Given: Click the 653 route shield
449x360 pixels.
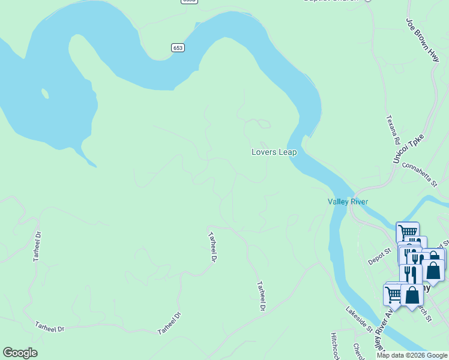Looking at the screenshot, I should (x=177, y=47).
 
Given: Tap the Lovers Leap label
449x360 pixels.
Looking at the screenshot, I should (x=274, y=152).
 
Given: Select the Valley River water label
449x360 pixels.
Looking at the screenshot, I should (x=348, y=202).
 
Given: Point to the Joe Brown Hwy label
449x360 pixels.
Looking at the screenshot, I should (x=423, y=40).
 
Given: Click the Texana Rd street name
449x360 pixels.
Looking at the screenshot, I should (x=393, y=130).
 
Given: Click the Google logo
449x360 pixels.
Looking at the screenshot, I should (x=20, y=353).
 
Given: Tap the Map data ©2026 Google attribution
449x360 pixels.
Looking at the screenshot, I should (x=411, y=355).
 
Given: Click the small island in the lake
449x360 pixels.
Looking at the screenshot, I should (x=44, y=94).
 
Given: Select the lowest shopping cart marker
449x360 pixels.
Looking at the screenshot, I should (x=394, y=295).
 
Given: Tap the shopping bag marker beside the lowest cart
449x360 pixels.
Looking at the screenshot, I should (x=413, y=295).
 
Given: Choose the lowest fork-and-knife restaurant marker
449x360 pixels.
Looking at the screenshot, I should (x=410, y=274).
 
